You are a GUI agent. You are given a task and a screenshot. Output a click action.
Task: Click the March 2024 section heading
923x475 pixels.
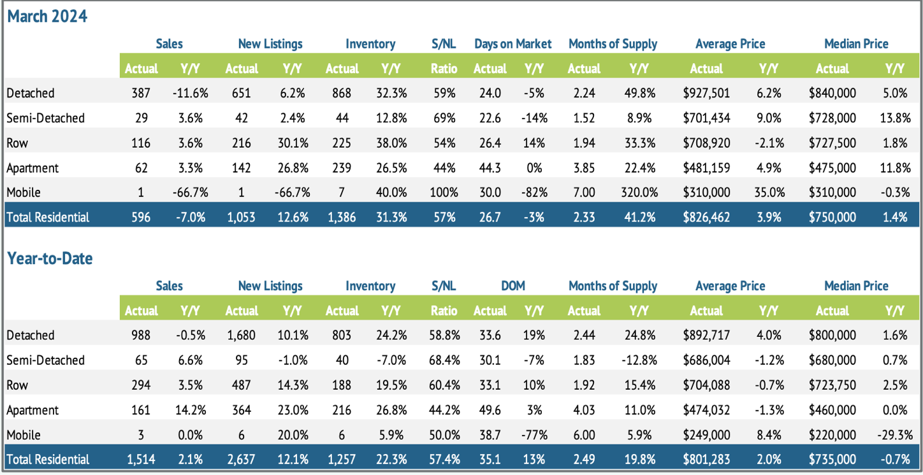tap(47, 16)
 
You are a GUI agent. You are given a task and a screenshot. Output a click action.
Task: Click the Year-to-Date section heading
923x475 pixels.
tap(50, 258)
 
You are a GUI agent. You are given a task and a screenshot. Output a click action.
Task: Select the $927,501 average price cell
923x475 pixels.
tap(706, 93)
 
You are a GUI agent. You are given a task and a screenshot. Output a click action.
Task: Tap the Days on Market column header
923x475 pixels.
tap(512, 44)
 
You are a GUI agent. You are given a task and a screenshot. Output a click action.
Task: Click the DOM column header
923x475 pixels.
tap(512, 286)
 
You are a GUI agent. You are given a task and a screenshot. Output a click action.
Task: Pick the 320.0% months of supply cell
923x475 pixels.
tap(639, 192)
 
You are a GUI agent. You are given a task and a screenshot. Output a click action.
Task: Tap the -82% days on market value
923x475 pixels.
tap(534, 192)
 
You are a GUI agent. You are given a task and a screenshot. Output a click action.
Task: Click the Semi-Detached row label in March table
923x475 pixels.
tap(45, 118)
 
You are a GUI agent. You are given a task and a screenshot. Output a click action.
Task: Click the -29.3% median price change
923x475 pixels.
tap(894, 435)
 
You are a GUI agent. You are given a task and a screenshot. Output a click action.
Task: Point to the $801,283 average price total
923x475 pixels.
tap(706, 459)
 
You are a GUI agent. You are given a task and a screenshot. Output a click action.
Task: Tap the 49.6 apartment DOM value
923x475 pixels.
tap(490, 410)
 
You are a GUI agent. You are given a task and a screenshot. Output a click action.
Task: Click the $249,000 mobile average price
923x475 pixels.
tap(706, 435)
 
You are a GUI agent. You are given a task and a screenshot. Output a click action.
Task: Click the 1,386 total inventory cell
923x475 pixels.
tap(342, 217)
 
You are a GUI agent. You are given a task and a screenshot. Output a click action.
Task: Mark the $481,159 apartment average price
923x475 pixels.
tap(706, 167)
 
